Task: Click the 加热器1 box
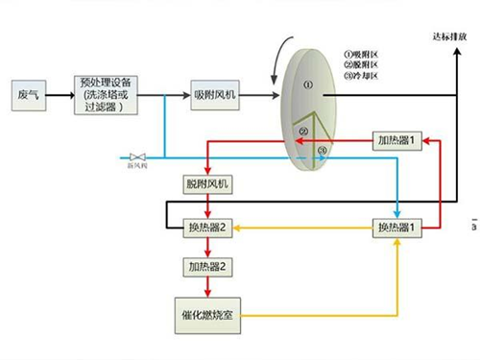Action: (397, 141)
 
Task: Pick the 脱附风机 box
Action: (206, 182)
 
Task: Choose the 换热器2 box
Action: (207, 228)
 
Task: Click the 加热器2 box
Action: (206, 266)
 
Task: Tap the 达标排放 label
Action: (452, 36)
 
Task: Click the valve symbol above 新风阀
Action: (136, 156)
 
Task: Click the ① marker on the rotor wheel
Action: (308, 84)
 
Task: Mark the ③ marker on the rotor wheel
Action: (323, 150)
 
